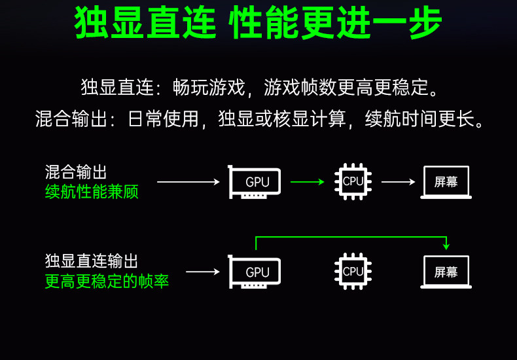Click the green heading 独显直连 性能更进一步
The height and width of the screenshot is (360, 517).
[258, 24]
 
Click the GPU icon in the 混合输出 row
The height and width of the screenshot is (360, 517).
[255, 182]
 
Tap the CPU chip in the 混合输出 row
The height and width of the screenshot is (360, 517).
[352, 181]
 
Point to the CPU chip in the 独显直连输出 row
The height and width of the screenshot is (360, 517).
[352, 271]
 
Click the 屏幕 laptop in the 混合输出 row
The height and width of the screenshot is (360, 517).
[446, 182]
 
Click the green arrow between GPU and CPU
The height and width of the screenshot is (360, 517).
[307, 182]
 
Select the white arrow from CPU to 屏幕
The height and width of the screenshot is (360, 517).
[398, 182]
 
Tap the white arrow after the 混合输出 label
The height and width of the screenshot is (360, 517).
[188, 182]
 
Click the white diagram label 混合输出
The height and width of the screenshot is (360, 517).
[76, 172]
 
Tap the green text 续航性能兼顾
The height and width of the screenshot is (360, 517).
[92, 192]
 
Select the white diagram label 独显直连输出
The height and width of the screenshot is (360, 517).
[92, 261]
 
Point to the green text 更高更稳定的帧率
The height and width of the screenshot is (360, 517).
[107, 281]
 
